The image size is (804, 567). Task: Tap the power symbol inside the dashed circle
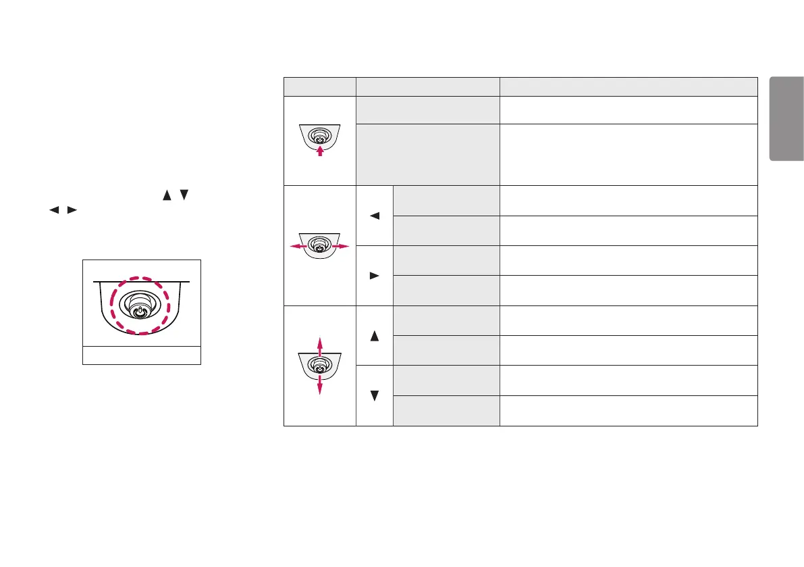(x=139, y=313)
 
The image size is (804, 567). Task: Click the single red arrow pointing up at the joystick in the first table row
(x=320, y=151)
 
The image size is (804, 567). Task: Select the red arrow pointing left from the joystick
(x=295, y=247)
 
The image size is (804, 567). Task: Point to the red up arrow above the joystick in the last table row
(x=319, y=343)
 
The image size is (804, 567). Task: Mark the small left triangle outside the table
(x=52, y=209)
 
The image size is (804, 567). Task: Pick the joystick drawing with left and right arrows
(x=320, y=246)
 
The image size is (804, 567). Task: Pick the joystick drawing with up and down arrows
(x=319, y=366)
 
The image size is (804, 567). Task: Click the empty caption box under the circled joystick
(x=142, y=355)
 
